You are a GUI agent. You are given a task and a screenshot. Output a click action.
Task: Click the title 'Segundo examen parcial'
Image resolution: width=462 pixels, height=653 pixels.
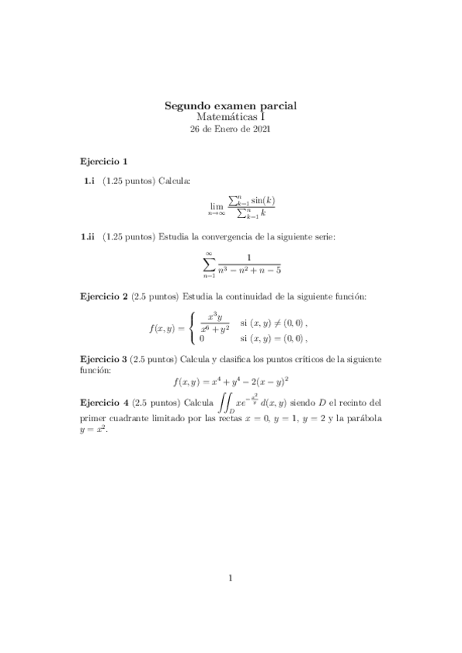coord(231,105)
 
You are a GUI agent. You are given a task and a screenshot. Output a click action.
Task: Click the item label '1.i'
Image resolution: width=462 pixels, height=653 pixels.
coord(88,180)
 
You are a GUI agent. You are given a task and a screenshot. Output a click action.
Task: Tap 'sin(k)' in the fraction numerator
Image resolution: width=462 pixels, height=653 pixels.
coord(263,200)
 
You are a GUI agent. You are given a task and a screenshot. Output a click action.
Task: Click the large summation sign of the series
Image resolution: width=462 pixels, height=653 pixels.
coord(208,263)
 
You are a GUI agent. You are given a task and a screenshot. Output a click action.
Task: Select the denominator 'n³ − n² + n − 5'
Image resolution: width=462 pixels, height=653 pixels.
coord(248,270)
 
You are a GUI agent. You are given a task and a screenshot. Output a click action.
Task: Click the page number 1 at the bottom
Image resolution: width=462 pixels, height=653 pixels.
coord(231,578)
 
